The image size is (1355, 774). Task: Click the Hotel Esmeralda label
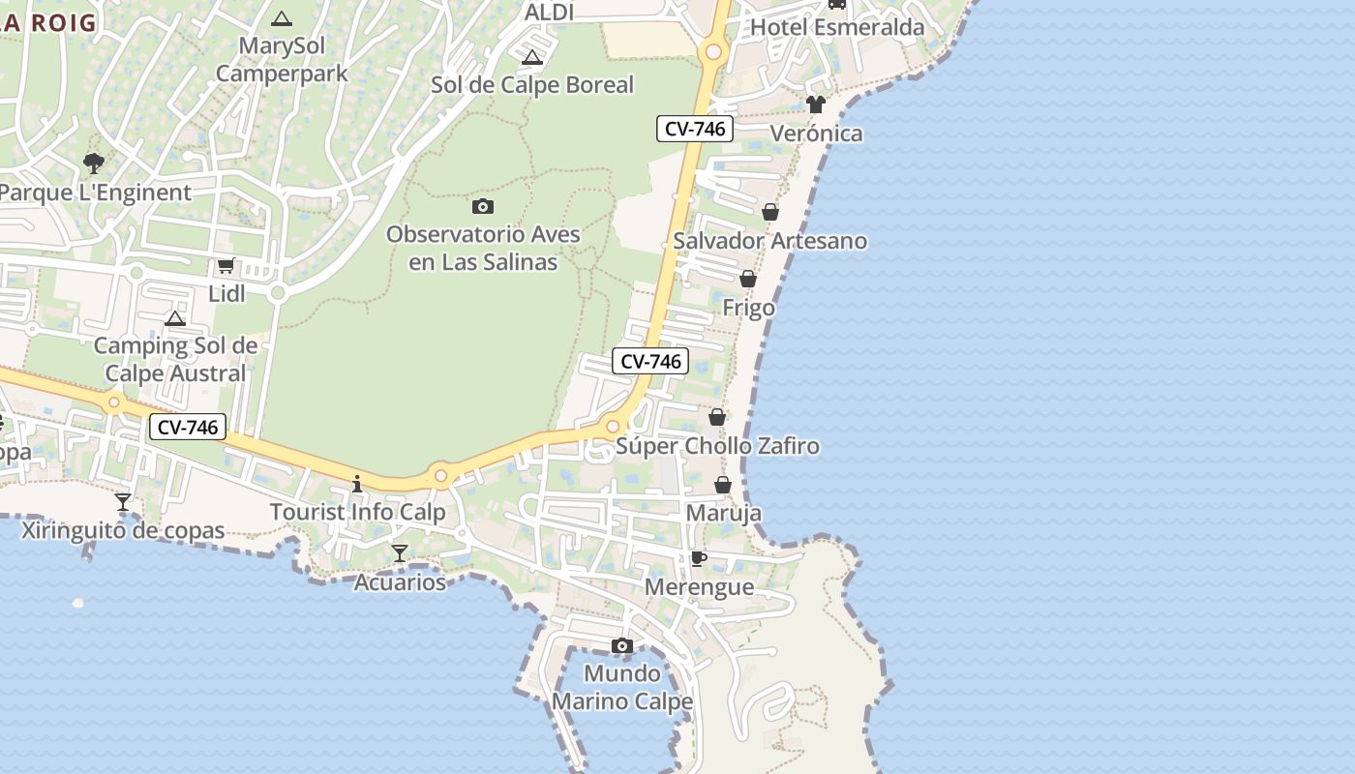[x=837, y=27]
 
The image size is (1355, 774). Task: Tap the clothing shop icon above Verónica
[x=816, y=104]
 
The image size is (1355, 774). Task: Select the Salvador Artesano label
[x=769, y=241]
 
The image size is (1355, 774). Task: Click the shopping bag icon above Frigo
[x=748, y=280]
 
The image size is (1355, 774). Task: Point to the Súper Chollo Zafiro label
[x=717, y=446]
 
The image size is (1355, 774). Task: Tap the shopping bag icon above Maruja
[x=723, y=485]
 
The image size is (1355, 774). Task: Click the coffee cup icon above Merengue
[x=698, y=559]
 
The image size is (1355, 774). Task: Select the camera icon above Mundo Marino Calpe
[x=622, y=645]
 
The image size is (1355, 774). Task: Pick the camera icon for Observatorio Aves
[x=483, y=206]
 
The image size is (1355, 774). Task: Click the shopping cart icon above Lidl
[x=226, y=265]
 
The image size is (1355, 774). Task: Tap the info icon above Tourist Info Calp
[x=357, y=483]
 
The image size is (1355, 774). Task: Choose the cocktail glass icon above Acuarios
[x=399, y=553]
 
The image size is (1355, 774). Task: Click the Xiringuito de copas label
[x=123, y=530]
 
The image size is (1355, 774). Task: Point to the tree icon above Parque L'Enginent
[x=94, y=164]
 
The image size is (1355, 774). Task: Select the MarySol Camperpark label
[x=282, y=59]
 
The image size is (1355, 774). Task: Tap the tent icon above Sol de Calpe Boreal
[x=531, y=58]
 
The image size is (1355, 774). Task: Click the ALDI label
[x=549, y=13]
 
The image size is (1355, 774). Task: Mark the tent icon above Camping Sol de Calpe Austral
[x=175, y=318]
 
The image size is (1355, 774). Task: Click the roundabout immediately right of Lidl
[x=278, y=292]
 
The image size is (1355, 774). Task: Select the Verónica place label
[x=816, y=134]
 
